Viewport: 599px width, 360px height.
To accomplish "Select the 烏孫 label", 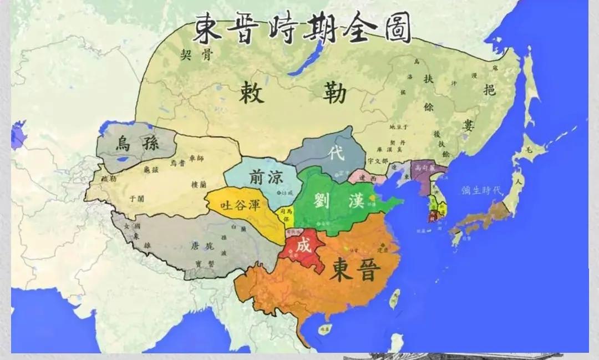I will pos(136,144).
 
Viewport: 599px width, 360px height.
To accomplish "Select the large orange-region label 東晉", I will pos(355,271).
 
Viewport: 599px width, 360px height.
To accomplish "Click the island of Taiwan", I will pos(394,298).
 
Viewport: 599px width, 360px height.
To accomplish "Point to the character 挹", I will pos(489,89).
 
